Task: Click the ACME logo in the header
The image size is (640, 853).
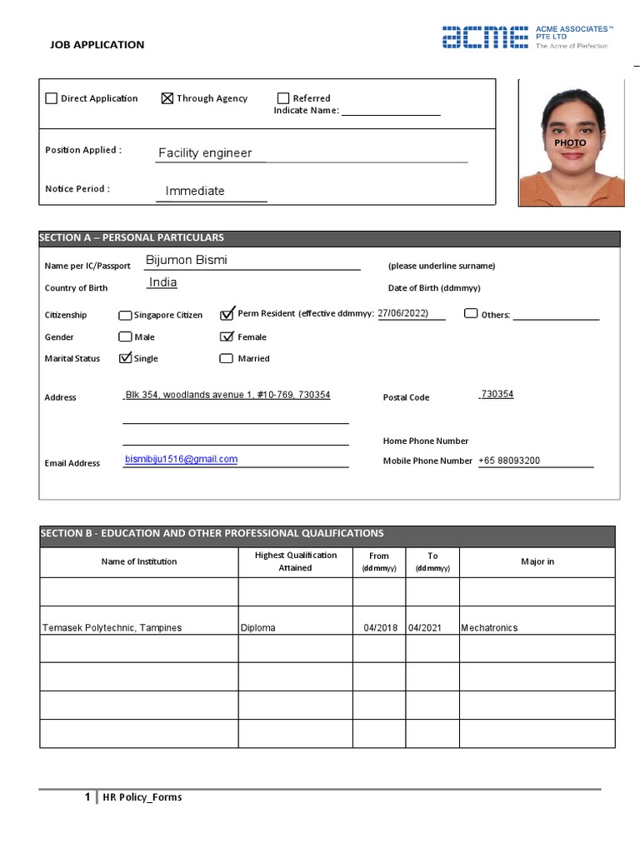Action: point(484,37)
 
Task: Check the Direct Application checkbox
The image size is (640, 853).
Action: point(52,98)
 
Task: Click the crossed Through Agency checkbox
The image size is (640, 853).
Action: point(167,98)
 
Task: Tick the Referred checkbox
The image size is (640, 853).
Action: point(283,98)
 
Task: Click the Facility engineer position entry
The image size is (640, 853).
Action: point(205,153)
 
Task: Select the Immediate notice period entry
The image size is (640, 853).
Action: point(195,191)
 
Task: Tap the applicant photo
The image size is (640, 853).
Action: point(571,143)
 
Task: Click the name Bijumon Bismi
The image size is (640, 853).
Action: point(186,260)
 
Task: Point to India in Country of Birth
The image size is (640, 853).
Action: point(162,282)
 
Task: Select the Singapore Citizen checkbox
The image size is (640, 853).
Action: point(125,316)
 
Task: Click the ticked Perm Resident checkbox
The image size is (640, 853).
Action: point(227,314)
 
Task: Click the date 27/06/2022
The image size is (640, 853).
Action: point(402,313)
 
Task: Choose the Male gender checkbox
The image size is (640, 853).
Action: point(125,337)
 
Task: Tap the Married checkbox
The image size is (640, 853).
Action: point(226,359)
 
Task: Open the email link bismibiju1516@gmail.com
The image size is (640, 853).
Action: point(181,459)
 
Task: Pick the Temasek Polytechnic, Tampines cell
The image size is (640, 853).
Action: point(112,628)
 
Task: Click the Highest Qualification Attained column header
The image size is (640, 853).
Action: point(295,561)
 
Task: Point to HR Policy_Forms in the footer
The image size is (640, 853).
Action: point(142,797)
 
